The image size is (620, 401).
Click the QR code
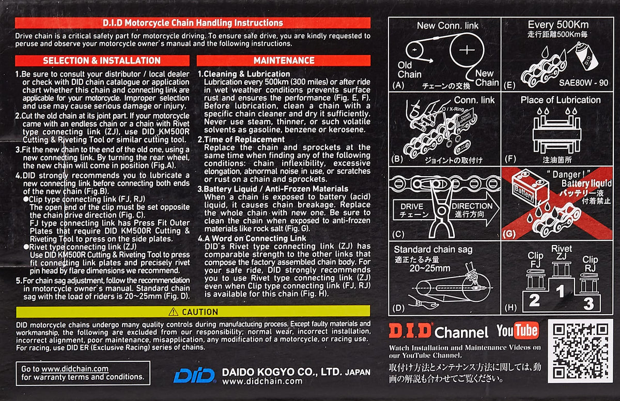coord(580,351)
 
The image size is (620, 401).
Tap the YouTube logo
coord(517,330)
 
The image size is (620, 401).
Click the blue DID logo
coord(195,375)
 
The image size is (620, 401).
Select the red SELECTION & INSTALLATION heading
coord(102,60)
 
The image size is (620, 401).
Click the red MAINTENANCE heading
coord(284,60)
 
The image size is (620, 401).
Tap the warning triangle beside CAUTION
coord(173,312)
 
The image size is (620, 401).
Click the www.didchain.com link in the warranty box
coord(75,369)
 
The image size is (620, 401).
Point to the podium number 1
coord(560,291)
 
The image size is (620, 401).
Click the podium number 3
coord(588,304)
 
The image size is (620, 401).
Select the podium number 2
coord(534,301)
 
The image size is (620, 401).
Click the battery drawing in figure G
coord(530,188)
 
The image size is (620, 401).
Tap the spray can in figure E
coord(586,57)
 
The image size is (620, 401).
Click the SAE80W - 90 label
coord(583,83)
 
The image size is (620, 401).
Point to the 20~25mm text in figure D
coord(429,268)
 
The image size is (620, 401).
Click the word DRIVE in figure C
coord(412,207)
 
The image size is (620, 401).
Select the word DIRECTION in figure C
coord(472,206)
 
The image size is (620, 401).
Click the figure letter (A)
coord(398,85)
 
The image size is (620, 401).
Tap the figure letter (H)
coord(510,308)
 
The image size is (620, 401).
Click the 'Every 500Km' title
coord(558,25)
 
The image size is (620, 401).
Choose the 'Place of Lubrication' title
coord(561,100)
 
